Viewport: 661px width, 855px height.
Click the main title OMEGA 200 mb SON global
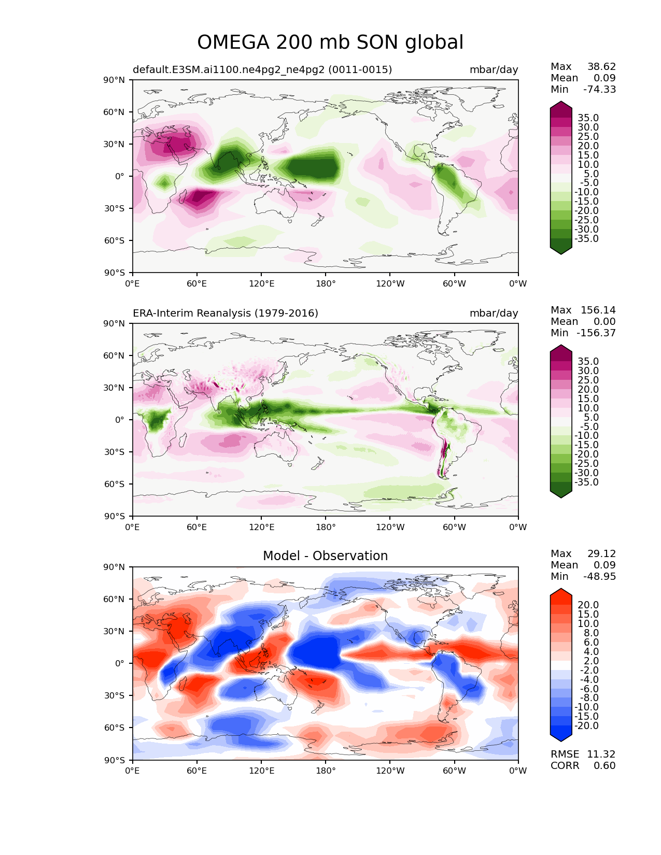(x=330, y=42)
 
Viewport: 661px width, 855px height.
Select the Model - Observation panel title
(x=325, y=555)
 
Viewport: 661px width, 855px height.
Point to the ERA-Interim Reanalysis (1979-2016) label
(x=225, y=313)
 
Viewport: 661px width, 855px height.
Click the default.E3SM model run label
(x=262, y=69)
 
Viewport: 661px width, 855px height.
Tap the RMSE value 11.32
(x=601, y=754)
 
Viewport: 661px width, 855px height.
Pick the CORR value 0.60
(x=604, y=765)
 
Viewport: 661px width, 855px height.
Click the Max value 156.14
(x=598, y=310)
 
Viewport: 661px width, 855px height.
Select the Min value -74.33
(x=599, y=89)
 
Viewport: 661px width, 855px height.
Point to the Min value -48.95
(x=599, y=576)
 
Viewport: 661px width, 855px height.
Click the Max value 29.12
(x=601, y=553)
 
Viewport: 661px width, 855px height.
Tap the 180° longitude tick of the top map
(x=326, y=283)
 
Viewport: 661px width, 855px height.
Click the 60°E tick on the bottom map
(x=196, y=771)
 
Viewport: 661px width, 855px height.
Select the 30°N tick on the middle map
(x=114, y=388)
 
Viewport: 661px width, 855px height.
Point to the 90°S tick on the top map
(x=114, y=273)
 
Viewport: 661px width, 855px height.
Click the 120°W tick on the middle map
(x=390, y=527)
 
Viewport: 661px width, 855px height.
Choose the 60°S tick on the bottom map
(x=114, y=728)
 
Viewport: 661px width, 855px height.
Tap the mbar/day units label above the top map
(x=494, y=69)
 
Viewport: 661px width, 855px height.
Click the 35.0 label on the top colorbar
(x=588, y=118)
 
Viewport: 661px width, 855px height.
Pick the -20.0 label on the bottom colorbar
(x=586, y=725)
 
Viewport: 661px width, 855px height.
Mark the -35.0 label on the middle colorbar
(x=586, y=482)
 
